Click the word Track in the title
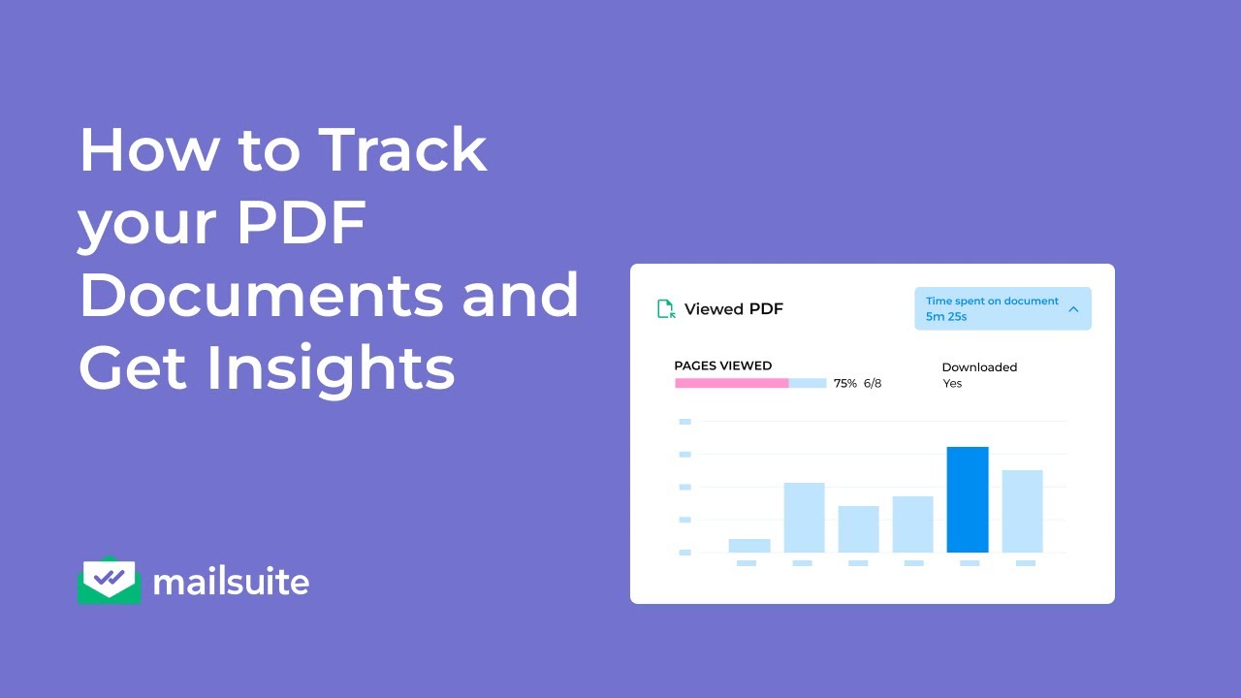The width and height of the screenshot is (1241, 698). point(402,150)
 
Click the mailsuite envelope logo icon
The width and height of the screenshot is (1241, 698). point(109,581)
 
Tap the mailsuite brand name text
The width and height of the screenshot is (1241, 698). point(231,582)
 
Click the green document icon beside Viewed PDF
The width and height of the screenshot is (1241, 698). point(666,309)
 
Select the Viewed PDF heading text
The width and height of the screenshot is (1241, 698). point(734,309)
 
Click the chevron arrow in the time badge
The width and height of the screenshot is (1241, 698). point(1073,309)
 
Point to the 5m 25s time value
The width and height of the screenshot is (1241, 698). point(946,317)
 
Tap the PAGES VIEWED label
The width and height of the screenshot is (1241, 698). point(723,365)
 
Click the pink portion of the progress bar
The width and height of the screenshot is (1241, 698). point(732,383)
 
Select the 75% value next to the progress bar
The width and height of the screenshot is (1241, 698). point(845,383)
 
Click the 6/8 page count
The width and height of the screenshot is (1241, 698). point(873,383)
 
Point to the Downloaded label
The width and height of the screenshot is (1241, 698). point(979,367)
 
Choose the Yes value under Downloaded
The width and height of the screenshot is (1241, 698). point(952,383)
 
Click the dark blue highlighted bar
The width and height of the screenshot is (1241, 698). point(968,499)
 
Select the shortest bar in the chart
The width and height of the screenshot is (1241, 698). point(749,546)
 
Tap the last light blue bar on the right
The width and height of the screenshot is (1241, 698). point(1022,511)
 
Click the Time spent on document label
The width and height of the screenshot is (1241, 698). point(992,301)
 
